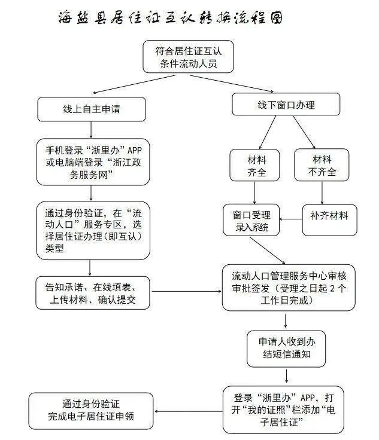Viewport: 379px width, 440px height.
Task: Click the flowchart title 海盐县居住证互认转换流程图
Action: pyautogui.click(x=170, y=17)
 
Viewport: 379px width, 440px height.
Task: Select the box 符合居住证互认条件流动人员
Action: pyautogui.click(x=188, y=57)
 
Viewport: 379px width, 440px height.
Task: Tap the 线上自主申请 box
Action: pyautogui.click(x=92, y=109)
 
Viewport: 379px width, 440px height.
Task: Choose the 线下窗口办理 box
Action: pyautogui.click(x=286, y=104)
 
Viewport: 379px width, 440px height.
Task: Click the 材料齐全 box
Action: pyautogui.click(x=254, y=165)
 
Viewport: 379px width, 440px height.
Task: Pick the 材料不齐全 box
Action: pyautogui.click(x=322, y=165)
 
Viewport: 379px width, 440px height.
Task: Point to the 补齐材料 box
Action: pyautogui.click(x=329, y=220)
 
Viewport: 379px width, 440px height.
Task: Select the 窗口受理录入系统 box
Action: pyautogui.click(x=251, y=220)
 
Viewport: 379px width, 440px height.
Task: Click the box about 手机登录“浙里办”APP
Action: pyautogui.click(x=93, y=162)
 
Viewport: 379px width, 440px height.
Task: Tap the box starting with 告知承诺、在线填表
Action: pyautogui.click(x=93, y=293)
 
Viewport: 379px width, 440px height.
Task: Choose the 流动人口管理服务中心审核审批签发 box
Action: pyautogui.click(x=289, y=288)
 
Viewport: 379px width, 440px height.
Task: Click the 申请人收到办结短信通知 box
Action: pyautogui.click(x=286, y=349)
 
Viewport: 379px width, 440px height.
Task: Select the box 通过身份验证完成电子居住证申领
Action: pyautogui.click(x=91, y=411)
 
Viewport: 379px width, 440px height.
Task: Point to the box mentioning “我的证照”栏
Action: pyautogui.click(x=283, y=410)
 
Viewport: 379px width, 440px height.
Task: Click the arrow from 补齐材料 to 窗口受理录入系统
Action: pyautogui.click(x=291, y=219)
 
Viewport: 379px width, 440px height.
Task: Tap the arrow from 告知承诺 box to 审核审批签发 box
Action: pyautogui.click(x=187, y=291)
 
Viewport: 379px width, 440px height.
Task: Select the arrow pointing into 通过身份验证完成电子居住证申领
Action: pyautogui.click(x=189, y=411)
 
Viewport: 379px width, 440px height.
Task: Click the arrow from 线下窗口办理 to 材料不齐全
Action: pyautogui.click(x=304, y=132)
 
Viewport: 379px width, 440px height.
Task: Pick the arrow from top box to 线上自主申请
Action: pyautogui.click(x=134, y=84)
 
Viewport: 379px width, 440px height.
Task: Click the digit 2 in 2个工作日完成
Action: pyautogui.click(x=332, y=288)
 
